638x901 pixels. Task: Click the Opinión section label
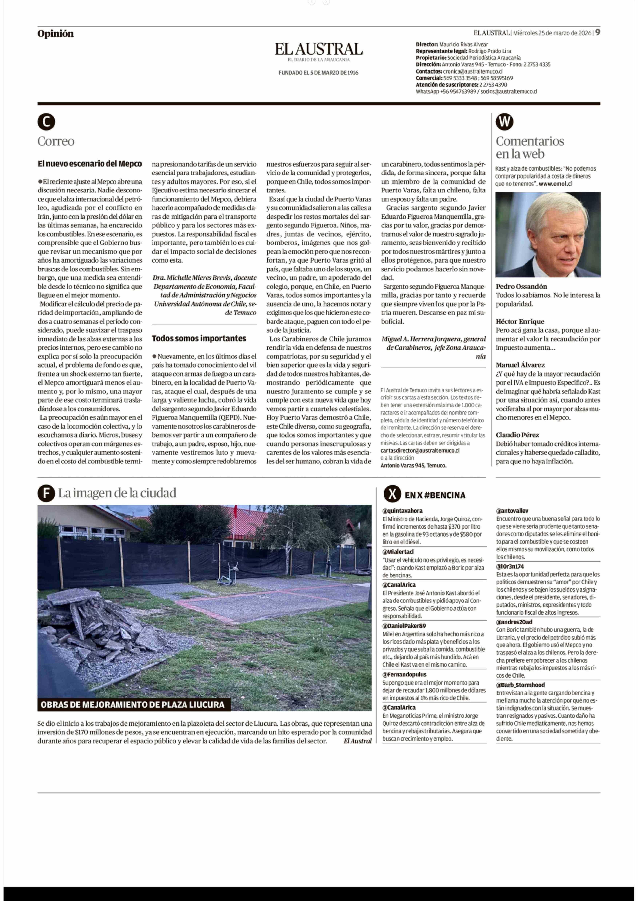coord(55,34)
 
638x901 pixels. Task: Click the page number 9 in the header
coord(598,33)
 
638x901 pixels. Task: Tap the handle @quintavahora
coord(402,511)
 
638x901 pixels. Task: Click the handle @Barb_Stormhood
coord(520,685)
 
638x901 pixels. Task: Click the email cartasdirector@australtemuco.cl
coord(420,450)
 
